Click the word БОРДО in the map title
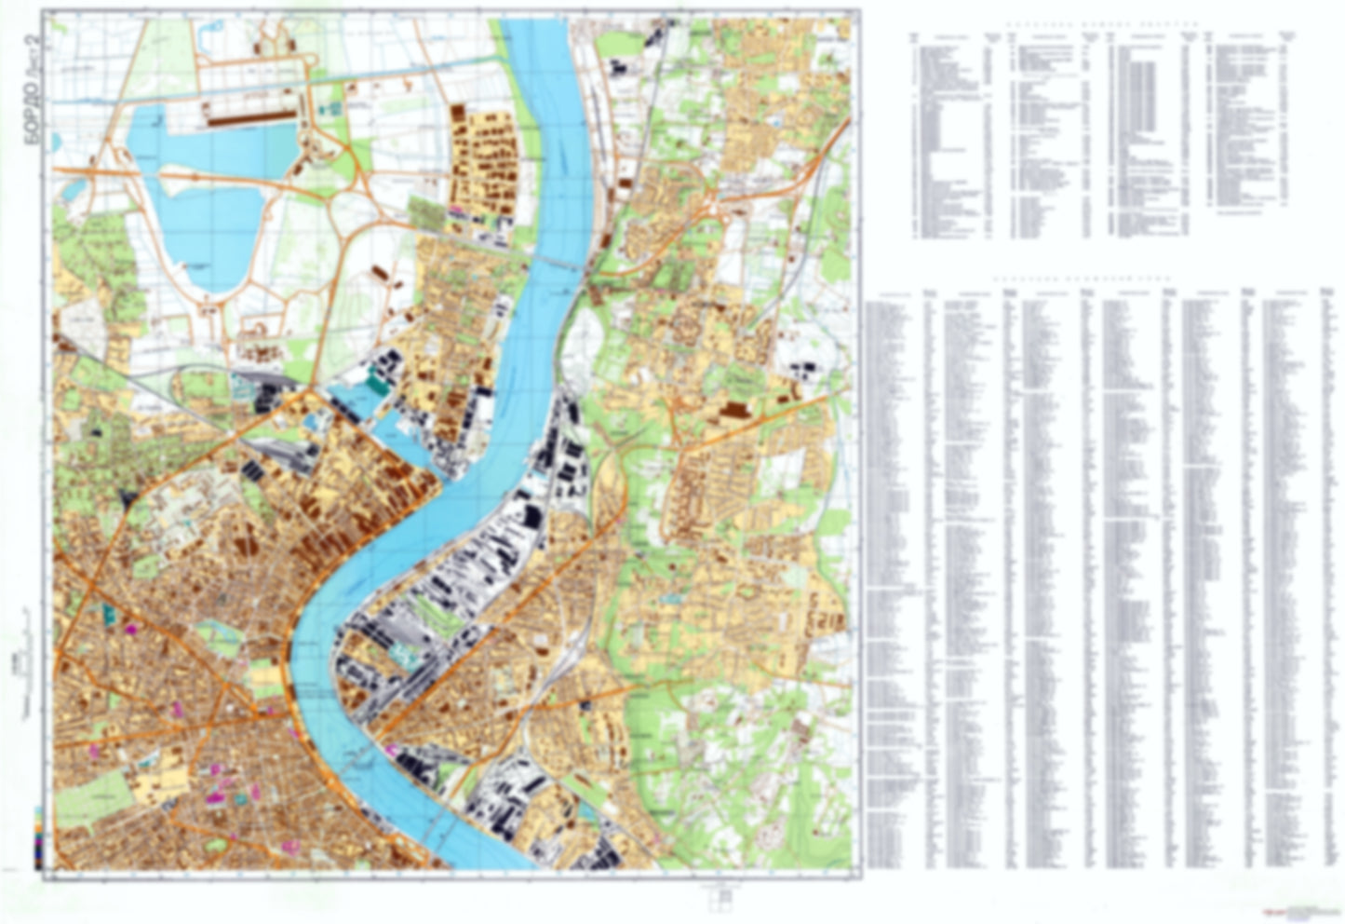31,103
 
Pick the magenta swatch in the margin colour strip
37,843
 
